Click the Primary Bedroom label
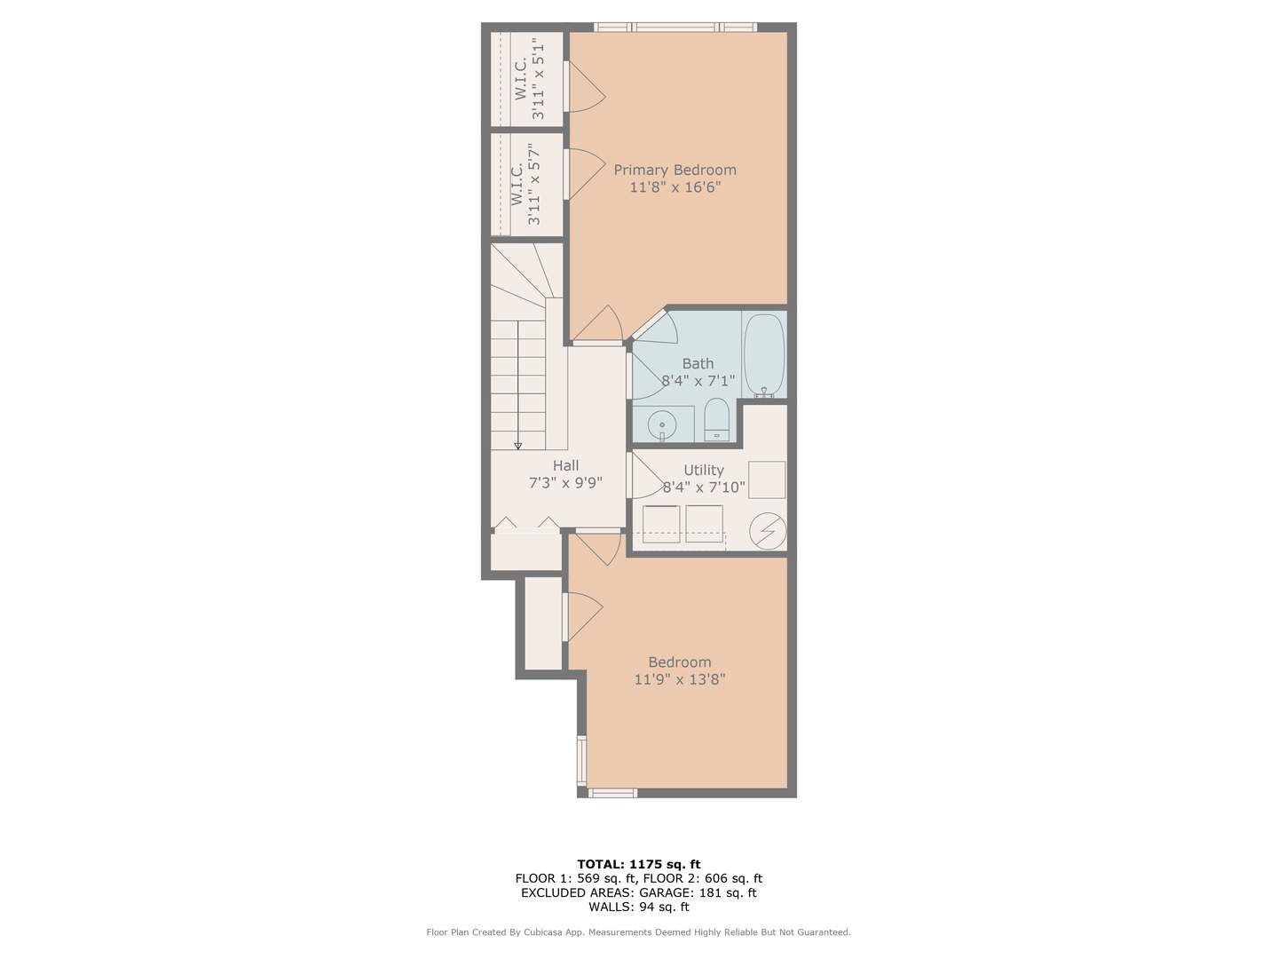674,170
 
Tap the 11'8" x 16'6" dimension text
675,187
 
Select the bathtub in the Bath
764,355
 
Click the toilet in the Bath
716,419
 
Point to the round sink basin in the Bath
662,424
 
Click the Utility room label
704,470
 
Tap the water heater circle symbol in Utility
768,531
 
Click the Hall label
565,465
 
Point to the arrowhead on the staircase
517,446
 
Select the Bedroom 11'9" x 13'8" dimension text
680,679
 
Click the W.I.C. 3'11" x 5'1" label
529,79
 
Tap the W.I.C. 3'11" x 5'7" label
525,185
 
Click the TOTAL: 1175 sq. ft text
639,864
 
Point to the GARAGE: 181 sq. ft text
698,892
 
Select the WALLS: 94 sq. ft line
639,907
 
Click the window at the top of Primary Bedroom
675,27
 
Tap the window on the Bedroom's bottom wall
612,792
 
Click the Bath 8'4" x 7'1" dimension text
698,381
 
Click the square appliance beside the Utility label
766,479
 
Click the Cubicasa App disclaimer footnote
639,932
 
